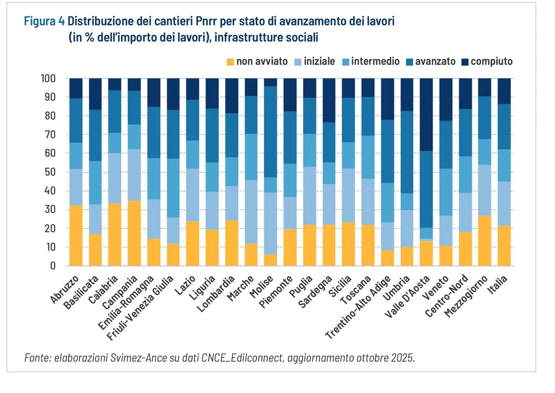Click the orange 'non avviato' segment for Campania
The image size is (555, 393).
tap(134, 233)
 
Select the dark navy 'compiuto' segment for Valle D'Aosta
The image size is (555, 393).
tap(426, 115)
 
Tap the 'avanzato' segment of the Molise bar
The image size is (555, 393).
tap(271, 132)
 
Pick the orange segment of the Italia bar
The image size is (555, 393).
tap(504, 245)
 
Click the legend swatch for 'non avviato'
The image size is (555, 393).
tap(230, 62)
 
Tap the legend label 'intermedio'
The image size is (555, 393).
tap(375, 61)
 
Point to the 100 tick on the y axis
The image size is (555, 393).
tap(48, 78)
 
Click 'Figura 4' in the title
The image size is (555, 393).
tap(44, 21)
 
